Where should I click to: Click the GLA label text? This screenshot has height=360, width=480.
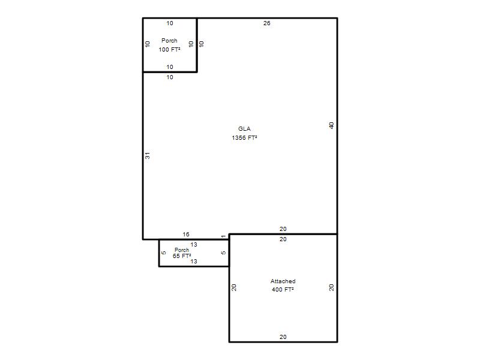click(244, 129)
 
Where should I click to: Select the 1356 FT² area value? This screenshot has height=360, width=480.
click(244, 138)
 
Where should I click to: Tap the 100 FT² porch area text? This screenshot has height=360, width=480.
click(169, 50)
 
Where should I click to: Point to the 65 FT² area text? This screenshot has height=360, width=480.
click(182, 256)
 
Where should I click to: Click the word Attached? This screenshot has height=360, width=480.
click(283, 281)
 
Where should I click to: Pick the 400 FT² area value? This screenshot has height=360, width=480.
click(283, 290)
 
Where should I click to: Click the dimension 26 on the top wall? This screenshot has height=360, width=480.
click(266, 23)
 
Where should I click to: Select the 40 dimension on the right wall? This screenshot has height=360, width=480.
click(331, 125)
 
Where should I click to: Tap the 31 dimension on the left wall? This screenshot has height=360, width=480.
click(148, 155)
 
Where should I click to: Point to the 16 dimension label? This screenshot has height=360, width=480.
click(186, 235)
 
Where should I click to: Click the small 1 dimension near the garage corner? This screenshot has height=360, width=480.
click(223, 236)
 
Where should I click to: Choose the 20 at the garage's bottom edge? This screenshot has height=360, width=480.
click(283, 337)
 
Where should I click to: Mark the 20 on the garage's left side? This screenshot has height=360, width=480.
click(234, 287)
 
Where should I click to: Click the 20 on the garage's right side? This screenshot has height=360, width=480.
click(331, 287)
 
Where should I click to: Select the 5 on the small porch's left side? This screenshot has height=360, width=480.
click(163, 253)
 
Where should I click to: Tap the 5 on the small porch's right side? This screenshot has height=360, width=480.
click(223, 253)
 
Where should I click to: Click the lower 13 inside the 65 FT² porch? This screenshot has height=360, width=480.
click(194, 262)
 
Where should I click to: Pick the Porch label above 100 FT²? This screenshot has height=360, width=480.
click(169, 41)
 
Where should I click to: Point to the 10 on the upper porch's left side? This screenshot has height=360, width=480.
click(148, 44)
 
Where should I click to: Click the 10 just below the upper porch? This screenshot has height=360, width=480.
click(170, 77)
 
